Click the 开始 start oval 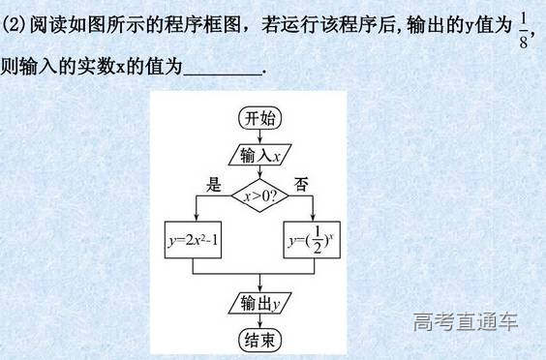pos(260,119)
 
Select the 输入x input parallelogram pos(260,155)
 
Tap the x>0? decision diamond pos(260,195)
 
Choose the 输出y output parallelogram pos(260,304)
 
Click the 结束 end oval pos(260,340)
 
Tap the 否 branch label pos(301,182)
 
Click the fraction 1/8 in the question pos(524,30)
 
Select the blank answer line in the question pos(222,70)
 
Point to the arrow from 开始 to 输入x pos(260,136)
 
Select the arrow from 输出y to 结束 pos(260,321)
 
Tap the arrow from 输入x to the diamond pos(260,171)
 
